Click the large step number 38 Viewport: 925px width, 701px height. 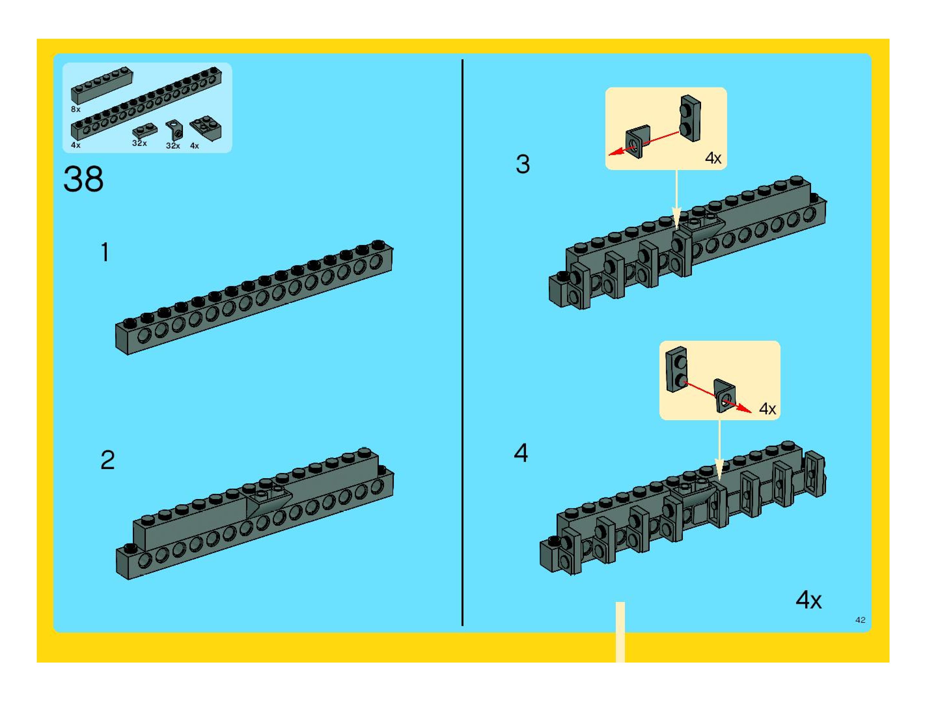pos(83,179)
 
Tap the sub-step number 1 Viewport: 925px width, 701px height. pos(105,252)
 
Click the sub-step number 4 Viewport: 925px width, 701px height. pos(521,453)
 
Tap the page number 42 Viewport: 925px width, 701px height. pos(860,620)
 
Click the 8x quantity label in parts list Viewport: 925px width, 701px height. pos(75,109)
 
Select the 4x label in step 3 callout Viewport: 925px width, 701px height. pos(713,158)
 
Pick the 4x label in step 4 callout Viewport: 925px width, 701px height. pos(767,409)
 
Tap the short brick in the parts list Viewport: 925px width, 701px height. pos(102,85)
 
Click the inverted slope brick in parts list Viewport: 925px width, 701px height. pos(206,128)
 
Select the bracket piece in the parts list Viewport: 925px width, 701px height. pos(174,130)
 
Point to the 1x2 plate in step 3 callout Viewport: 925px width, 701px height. pos(690,118)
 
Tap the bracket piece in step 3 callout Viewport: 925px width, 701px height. pos(638,141)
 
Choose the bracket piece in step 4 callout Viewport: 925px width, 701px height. pos(724,395)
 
